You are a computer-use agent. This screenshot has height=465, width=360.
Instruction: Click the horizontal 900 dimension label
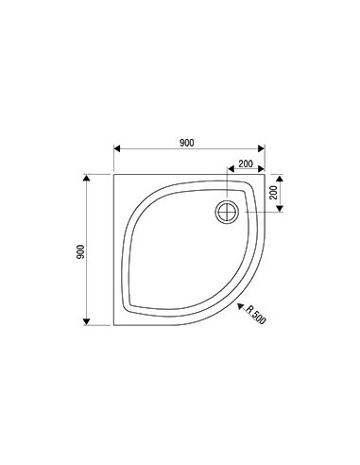[187, 143]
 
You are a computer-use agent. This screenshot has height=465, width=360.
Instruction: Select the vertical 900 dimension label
[80, 251]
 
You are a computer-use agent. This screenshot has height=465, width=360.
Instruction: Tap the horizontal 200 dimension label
[246, 164]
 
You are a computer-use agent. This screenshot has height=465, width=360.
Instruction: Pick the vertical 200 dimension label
[274, 192]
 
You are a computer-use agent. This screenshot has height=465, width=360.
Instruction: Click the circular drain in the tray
[227, 212]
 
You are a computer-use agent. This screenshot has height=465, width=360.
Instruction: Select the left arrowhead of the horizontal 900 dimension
[117, 149]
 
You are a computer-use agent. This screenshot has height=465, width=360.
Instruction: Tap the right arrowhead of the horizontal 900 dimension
[261, 149]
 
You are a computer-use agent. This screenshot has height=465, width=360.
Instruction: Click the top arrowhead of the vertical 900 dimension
[86, 178]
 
